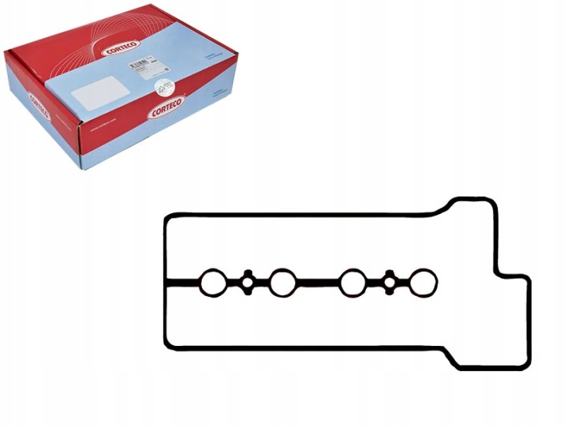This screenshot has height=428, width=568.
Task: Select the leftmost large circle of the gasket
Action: click(x=211, y=283)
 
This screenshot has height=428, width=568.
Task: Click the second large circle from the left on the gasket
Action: click(x=282, y=283)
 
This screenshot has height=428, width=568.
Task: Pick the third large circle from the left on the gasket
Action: click(x=353, y=283)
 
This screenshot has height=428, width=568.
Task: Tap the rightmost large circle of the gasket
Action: click(x=424, y=283)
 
